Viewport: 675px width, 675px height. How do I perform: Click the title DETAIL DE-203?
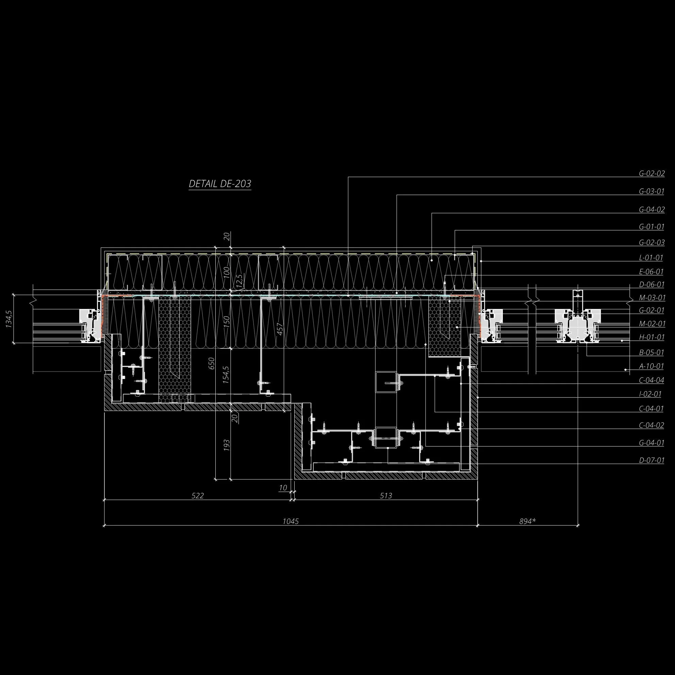point(220,183)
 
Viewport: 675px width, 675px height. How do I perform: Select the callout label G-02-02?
point(652,173)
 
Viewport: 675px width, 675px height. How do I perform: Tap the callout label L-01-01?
point(651,258)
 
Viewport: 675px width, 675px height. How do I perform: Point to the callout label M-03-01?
point(652,298)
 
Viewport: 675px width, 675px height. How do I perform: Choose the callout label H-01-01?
point(652,337)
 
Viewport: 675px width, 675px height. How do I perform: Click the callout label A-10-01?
point(651,366)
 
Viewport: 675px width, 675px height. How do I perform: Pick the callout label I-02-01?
point(650,394)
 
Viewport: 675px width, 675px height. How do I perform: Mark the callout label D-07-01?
point(652,460)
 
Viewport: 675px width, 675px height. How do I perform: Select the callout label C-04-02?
point(652,425)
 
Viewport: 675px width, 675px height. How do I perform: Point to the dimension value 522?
point(198,495)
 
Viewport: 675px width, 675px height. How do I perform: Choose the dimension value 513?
point(386,495)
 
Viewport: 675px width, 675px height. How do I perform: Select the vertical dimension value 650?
point(211,363)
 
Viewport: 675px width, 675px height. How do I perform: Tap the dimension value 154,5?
point(226,375)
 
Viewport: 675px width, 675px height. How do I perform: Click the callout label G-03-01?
point(652,192)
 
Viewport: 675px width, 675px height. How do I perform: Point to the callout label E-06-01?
point(651,271)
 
